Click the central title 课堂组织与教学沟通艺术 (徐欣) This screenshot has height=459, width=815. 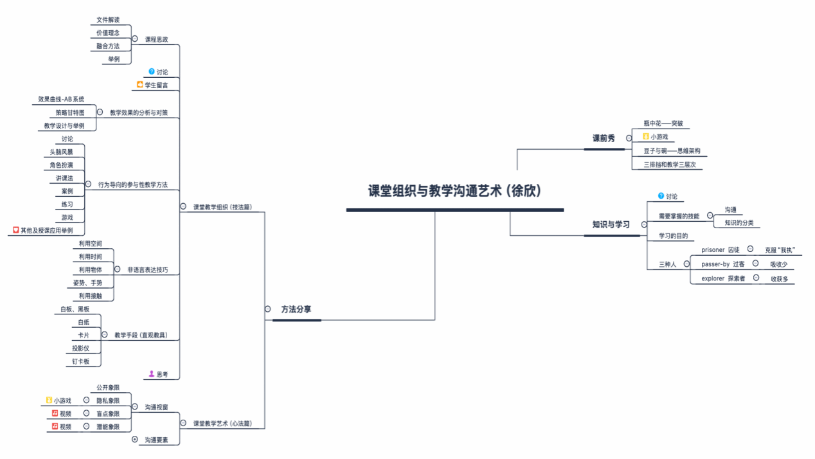coord(454,192)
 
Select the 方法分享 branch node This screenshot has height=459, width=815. coord(296,309)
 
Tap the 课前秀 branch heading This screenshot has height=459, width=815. coord(604,138)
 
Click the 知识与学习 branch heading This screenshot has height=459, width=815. coord(611,224)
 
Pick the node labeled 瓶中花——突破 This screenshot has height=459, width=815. coord(663,123)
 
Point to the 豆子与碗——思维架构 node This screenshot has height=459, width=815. coord(672,151)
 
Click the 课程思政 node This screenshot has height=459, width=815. coord(156,39)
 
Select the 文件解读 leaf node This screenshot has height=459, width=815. coord(108,20)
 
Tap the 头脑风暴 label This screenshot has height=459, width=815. coord(62,152)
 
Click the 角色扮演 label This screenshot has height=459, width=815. coord(62,165)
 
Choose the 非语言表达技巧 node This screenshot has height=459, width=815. coord(148,270)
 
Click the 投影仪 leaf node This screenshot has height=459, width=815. coord(81,348)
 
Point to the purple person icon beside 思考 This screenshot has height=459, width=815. coord(152,373)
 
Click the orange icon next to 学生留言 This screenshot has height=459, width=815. coord(140,84)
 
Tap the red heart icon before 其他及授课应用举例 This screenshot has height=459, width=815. coord(16,230)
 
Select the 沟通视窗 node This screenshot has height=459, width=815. coord(156,407)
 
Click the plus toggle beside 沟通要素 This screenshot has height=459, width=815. coord(134,440)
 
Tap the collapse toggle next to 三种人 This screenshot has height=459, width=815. coord(686,264)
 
